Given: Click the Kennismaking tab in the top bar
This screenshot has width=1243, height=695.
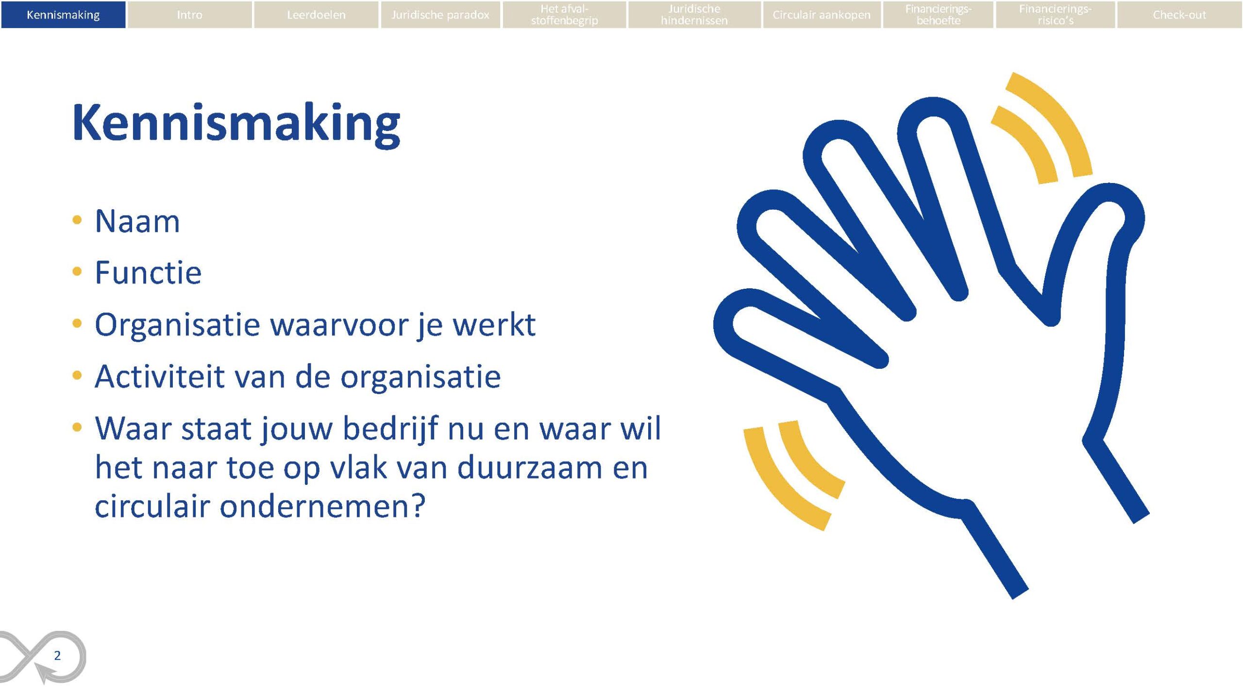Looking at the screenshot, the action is (63, 15).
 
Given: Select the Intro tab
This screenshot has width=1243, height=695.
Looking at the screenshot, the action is (189, 15).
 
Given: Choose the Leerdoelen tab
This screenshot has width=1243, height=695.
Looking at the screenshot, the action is (316, 15).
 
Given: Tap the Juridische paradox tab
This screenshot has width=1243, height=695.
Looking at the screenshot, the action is (440, 15).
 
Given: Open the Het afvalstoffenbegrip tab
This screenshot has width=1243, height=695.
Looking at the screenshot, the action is (564, 15).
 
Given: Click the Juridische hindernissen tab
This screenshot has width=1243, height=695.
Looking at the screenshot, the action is (694, 15).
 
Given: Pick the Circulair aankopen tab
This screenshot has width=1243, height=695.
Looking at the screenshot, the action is (822, 15).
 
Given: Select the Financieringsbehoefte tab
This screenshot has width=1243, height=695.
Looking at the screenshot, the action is (938, 15).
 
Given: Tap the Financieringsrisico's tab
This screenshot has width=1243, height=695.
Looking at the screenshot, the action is (1055, 15).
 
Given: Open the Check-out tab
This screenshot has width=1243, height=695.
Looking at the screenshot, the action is (1179, 15).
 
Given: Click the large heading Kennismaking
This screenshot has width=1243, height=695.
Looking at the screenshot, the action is (236, 124).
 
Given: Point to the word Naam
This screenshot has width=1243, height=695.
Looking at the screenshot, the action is (137, 221).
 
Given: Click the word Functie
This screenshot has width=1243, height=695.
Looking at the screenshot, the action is (148, 273).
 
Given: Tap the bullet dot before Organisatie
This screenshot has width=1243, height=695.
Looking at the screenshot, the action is (77, 323).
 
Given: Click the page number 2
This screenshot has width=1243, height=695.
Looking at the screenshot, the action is (57, 656).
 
